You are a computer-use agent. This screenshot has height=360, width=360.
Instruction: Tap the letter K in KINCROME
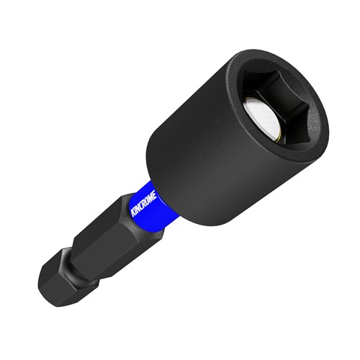click(x=133, y=213)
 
